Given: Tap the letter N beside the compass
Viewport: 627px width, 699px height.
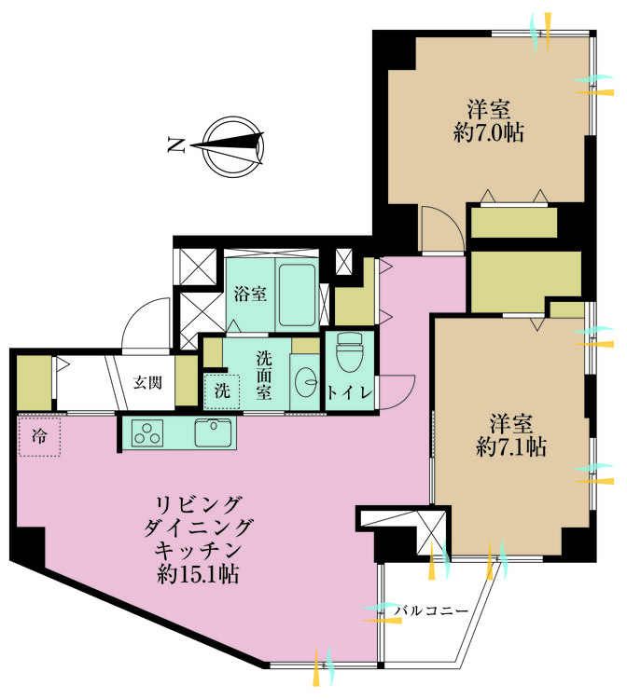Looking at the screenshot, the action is [176, 145].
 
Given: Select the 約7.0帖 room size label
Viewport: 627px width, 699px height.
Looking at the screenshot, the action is [489, 133].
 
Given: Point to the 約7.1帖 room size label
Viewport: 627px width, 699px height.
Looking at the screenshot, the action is [511, 446].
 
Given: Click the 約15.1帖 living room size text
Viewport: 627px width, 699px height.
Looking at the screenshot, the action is [198, 574].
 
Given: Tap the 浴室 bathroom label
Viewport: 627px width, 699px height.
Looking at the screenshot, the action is [250, 294].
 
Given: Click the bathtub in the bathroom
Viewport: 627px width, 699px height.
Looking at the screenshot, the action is [297, 295].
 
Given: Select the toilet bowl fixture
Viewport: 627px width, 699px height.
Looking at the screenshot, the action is [350, 352].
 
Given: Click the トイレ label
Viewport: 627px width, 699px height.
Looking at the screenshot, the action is [350, 393].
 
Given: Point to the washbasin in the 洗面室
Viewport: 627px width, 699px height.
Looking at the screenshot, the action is [306, 381].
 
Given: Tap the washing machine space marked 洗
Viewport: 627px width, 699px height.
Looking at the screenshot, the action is [222, 391].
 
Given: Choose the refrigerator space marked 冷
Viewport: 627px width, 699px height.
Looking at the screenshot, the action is [39, 436].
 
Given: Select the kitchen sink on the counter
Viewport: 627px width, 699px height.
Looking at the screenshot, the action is [214, 432].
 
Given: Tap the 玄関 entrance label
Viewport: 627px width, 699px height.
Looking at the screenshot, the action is [147, 382].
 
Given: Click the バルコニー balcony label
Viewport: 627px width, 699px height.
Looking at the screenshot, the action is [431, 610].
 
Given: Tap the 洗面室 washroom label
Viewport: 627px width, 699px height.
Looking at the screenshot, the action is [264, 375].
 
